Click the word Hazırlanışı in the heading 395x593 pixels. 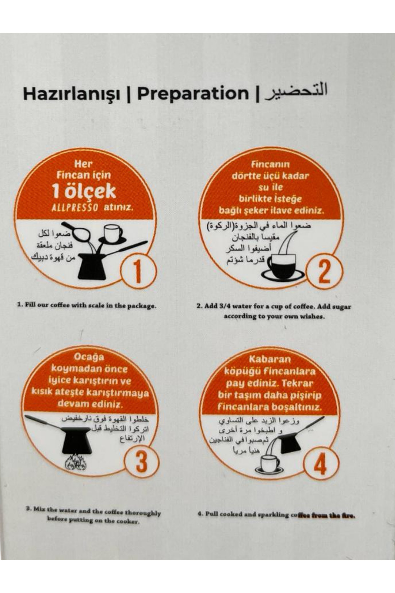[71, 94]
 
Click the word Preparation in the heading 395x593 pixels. [193, 94]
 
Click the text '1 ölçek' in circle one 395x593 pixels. [84, 192]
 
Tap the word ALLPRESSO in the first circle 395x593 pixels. [75, 208]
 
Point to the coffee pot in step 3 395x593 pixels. [76, 440]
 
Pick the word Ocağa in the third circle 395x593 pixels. [89, 357]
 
